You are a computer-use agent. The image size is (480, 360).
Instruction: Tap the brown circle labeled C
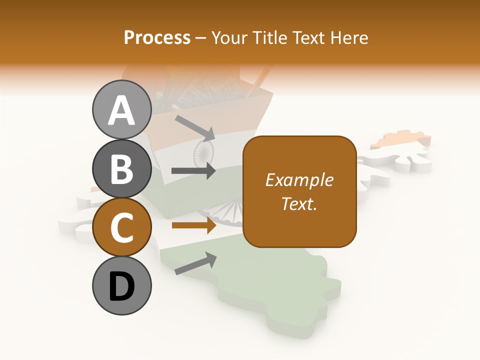121,227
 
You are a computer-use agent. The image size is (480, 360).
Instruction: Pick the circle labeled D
121,286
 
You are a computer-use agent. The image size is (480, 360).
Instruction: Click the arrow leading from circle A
195,128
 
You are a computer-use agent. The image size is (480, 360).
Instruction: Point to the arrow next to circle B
193,171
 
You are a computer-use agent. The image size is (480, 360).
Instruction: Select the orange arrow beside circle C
193,225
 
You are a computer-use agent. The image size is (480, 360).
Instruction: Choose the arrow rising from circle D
195,263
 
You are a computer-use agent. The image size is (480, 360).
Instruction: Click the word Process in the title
157,37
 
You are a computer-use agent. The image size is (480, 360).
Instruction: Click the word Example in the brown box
299,180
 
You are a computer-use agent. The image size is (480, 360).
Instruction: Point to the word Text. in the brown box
299,203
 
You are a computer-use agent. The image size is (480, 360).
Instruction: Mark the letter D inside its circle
121,286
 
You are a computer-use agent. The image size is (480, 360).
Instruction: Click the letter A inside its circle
121,110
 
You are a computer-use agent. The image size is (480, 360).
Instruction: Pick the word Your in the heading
229,37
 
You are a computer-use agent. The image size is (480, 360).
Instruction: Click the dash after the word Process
201,38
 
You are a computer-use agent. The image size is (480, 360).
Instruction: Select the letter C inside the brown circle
121,227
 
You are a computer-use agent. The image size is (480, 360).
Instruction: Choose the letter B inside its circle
121,169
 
